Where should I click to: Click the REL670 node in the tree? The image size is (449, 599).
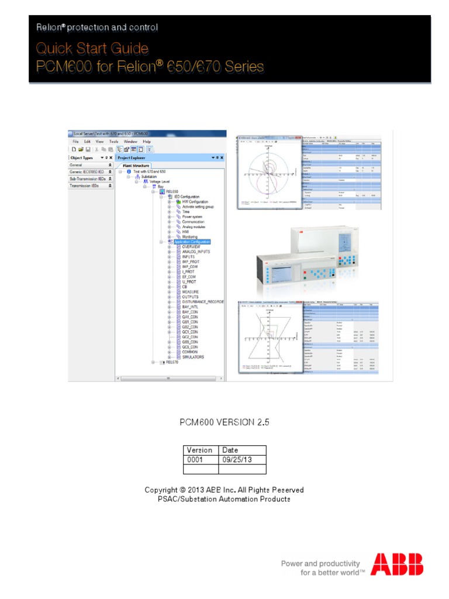[x=171, y=363]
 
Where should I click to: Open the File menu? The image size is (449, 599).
[x=75, y=142]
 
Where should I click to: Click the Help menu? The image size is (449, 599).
[x=147, y=142]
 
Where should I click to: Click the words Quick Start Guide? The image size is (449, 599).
[x=92, y=47]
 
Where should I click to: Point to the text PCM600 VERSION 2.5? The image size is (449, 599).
[x=224, y=421]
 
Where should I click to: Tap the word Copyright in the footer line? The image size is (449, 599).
[x=161, y=490]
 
